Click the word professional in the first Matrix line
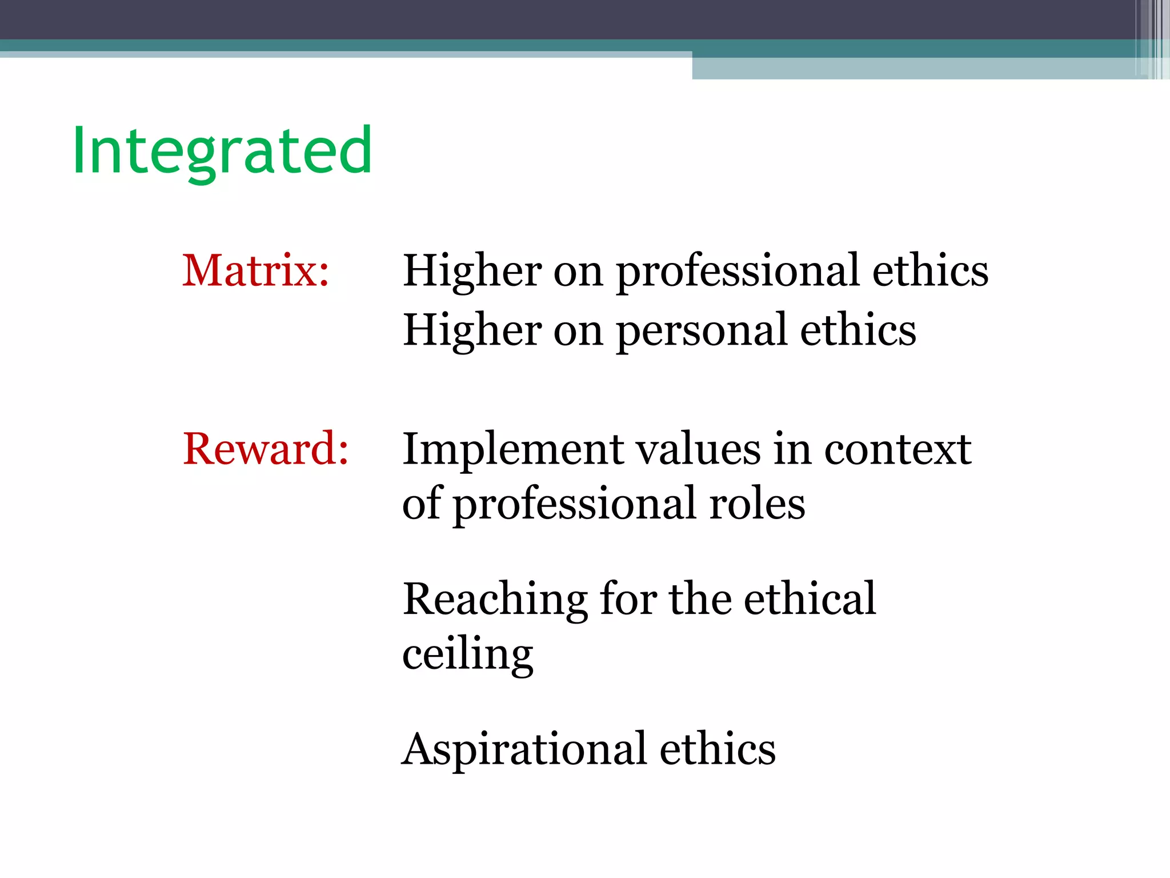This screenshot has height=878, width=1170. (738, 272)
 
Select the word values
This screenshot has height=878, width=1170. (698, 449)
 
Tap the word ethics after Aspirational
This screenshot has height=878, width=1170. (718, 749)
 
